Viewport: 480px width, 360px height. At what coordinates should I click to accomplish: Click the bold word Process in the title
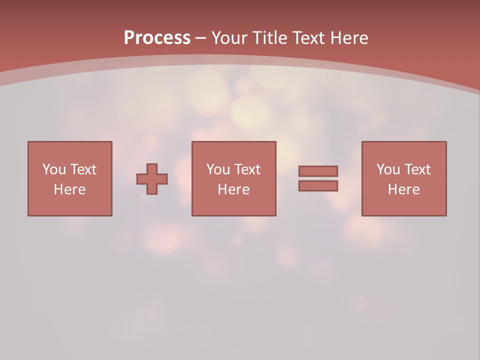pos(157,38)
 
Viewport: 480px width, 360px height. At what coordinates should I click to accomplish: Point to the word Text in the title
pos(307,38)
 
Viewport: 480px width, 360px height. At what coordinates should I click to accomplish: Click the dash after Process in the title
pos(201,38)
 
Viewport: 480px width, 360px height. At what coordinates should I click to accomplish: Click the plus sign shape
pos(152,179)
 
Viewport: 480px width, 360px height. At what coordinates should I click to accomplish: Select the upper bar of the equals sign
pos(318,171)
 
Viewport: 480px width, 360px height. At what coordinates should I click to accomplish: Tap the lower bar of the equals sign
pos(318,186)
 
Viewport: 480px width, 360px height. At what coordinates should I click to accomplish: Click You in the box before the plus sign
pos(54,169)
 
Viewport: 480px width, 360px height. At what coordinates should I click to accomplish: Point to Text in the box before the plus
pos(83,169)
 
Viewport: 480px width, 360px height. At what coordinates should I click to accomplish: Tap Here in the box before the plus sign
pos(69,189)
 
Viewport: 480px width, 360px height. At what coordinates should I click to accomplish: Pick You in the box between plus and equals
pos(218,169)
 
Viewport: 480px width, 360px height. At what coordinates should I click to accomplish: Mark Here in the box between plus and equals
pos(233,189)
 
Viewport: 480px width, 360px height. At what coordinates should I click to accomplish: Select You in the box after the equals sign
pos(388,169)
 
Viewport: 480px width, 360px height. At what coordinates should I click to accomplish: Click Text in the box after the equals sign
pos(417,169)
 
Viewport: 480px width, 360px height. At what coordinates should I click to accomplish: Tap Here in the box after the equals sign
pos(403,189)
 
